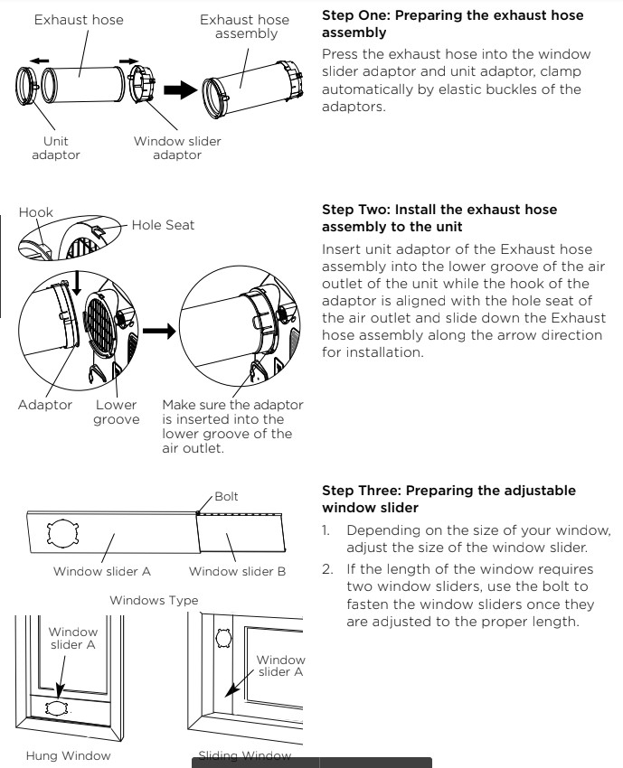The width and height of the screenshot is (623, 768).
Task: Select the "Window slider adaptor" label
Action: (x=177, y=148)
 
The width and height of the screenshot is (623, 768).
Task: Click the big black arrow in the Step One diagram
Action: (x=184, y=89)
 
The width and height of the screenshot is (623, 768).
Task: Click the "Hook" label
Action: (x=31, y=212)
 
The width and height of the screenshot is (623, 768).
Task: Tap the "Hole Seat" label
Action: (x=164, y=226)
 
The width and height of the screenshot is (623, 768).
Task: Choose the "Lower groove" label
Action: (x=118, y=412)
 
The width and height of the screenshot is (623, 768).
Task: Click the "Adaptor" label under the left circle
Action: (x=44, y=405)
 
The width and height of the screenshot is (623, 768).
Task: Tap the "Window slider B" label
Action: (x=237, y=570)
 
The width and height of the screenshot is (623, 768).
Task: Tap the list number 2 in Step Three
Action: (x=327, y=571)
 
